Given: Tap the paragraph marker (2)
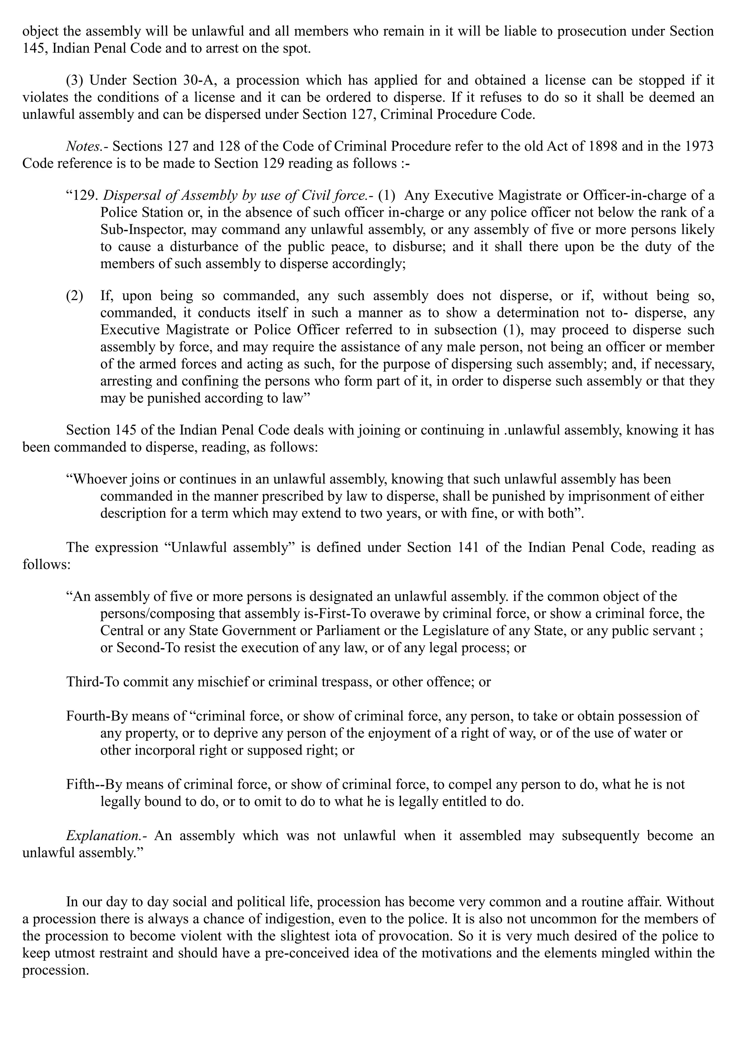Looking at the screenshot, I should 75,296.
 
